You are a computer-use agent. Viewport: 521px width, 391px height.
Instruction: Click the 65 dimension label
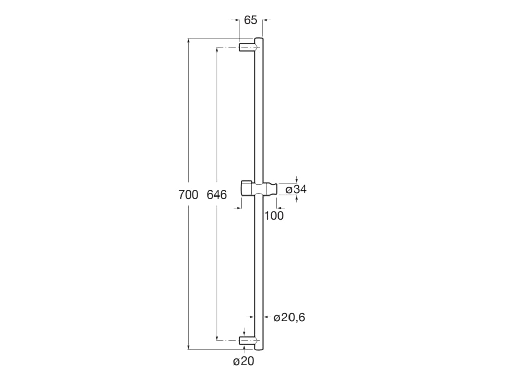[x=250, y=20]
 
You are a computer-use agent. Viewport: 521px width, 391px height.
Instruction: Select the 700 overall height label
[x=188, y=194]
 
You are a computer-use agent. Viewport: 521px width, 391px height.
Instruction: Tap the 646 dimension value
[x=217, y=194]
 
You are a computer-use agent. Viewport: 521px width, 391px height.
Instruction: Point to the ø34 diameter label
[x=296, y=189]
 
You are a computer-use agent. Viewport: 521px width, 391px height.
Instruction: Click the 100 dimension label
[x=274, y=216]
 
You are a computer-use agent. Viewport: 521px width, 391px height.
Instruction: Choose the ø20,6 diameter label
[x=289, y=318]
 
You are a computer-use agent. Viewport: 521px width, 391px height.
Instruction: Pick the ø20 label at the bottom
[x=244, y=361]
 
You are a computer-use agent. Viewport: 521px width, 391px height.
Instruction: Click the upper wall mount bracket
[x=247, y=47]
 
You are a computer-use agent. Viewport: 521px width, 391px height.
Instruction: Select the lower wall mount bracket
[x=247, y=341]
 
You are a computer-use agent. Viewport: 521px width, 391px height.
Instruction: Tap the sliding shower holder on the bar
[x=259, y=189]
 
